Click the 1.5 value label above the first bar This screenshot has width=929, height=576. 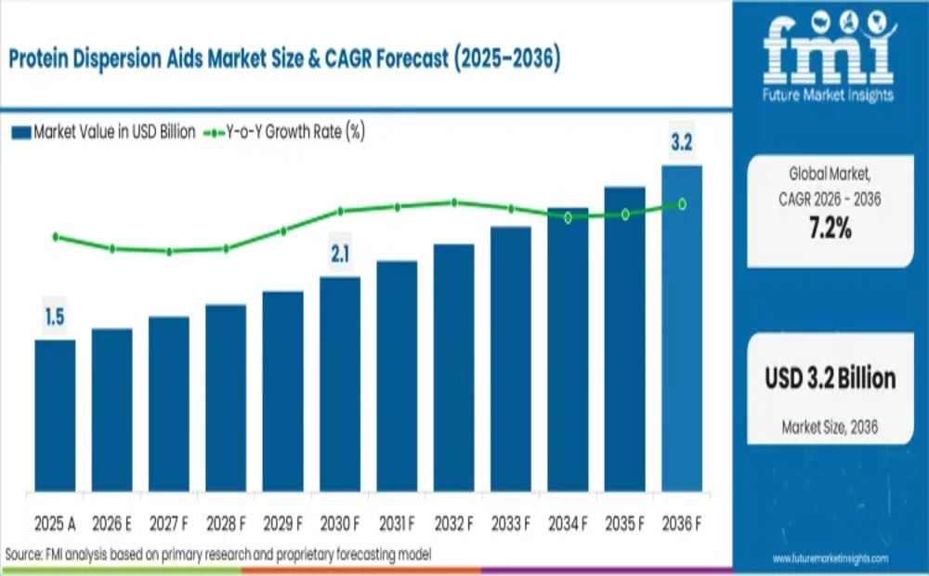pyautogui.click(x=55, y=318)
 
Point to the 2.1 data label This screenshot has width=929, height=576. pyautogui.click(x=340, y=254)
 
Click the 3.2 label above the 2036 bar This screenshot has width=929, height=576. pyautogui.click(x=682, y=143)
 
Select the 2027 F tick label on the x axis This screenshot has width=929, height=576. pyautogui.click(x=169, y=524)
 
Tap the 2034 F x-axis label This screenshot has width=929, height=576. pyautogui.click(x=568, y=524)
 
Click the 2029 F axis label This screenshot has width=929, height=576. pyautogui.click(x=283, y=524)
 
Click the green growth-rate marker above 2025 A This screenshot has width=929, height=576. pyautogui.click(x=55, y=237)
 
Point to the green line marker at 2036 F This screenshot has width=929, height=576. pyautogui.click(x=682, y=203)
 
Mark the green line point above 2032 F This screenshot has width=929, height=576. pyautogui.click(x=454, y=202)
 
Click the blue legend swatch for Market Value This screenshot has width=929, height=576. pyautogui.click(x=21, y=132)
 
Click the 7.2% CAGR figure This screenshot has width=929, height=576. pyautogui.click(x=830, y=229)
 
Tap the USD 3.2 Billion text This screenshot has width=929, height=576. pyautogui.click(x=831, y=378)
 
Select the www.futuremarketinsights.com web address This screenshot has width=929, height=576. pyautogui.click(x=830, y=558)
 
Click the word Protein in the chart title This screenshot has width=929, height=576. pyautogui.click(x=43, y=59)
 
